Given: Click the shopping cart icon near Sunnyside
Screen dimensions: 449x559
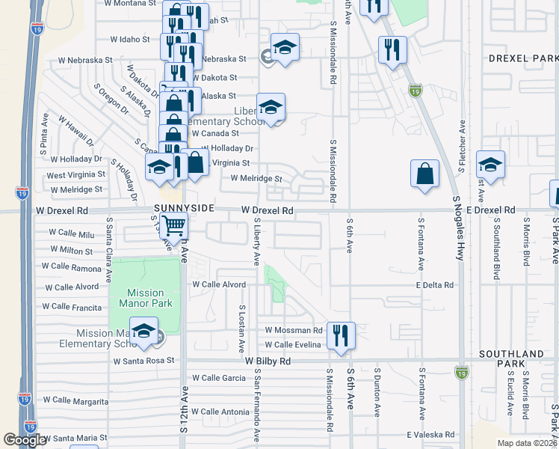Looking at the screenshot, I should coord(173,224).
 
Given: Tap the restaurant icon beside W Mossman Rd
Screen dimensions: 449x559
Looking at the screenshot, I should coord(341,334).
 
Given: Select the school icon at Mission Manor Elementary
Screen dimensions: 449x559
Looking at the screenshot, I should coord(143,330).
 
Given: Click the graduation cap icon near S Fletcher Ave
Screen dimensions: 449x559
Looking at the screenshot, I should coord(490,164).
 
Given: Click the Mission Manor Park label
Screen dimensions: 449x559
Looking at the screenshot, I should coord(146,298).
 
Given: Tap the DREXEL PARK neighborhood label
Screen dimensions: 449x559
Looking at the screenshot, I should coord(523,58).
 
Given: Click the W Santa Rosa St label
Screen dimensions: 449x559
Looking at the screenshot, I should coord(143,360).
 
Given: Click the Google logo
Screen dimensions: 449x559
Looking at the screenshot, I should coord(25,440).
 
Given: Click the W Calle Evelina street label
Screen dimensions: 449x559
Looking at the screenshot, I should coord(293,344).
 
